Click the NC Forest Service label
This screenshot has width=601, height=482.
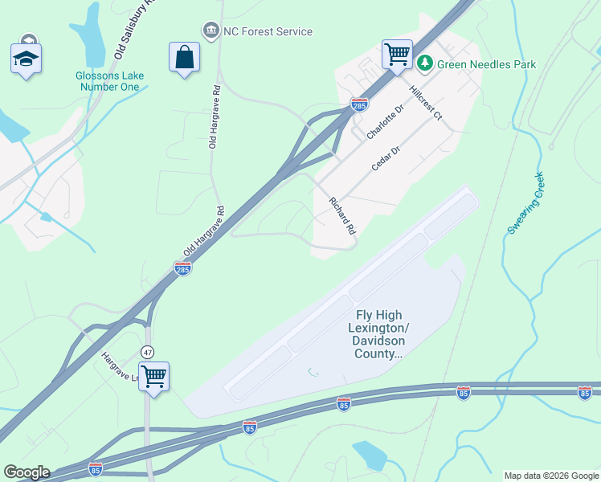pyautogui.click(x=268, y=31)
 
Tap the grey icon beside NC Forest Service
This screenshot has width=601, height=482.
pyautogui.click(x=211, y=31)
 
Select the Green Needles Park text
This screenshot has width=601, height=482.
pyautogui.click(x=487, y=63)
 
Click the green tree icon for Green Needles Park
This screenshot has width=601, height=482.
pyautogui.click(x=424, y=63)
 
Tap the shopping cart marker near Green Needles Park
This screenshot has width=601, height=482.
pyautogui.click(x=397, y=55)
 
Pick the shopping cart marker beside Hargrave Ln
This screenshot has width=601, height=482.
pyautogui.click(x=153, y=376)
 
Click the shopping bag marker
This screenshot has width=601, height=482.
pyautogui.click(x=184, y=57)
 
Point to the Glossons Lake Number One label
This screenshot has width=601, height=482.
pyautogui.click(x=110, y=81)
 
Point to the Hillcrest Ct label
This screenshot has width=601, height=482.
pyautogui.click(x=425, y=103)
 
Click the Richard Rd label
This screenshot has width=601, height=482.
pyautogui.click(x=341, y=215)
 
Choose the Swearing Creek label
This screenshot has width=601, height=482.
pyautogui.click(x=525, y=203)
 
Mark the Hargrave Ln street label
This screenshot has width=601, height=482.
pyautogui.click(x=120, y=366)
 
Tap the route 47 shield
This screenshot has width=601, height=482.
pyautogui.click(x=147, y=352)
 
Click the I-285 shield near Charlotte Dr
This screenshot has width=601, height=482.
pyautogui.click(x=359, y=104)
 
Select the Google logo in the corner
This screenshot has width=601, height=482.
pyautogui.click(x=27, y=472)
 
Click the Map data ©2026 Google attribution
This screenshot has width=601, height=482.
pyautogui.click(x=551, y=476)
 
